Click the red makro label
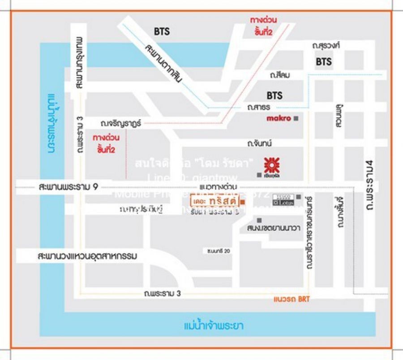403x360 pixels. click(x=278, y=118)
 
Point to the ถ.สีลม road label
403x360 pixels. click(x=280, y=75)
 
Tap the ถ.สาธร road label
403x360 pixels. click(x=260, y=108)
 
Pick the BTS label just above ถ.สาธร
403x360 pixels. click(x=274, y=95)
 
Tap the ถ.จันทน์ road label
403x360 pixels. click(x=260, y=143)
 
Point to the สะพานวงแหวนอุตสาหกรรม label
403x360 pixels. click(x=87, y=256)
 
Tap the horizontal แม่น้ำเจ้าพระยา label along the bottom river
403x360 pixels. click(x=214, y=325)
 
